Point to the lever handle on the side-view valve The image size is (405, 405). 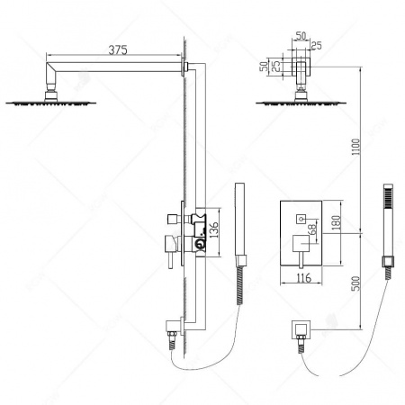pos(169,245)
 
